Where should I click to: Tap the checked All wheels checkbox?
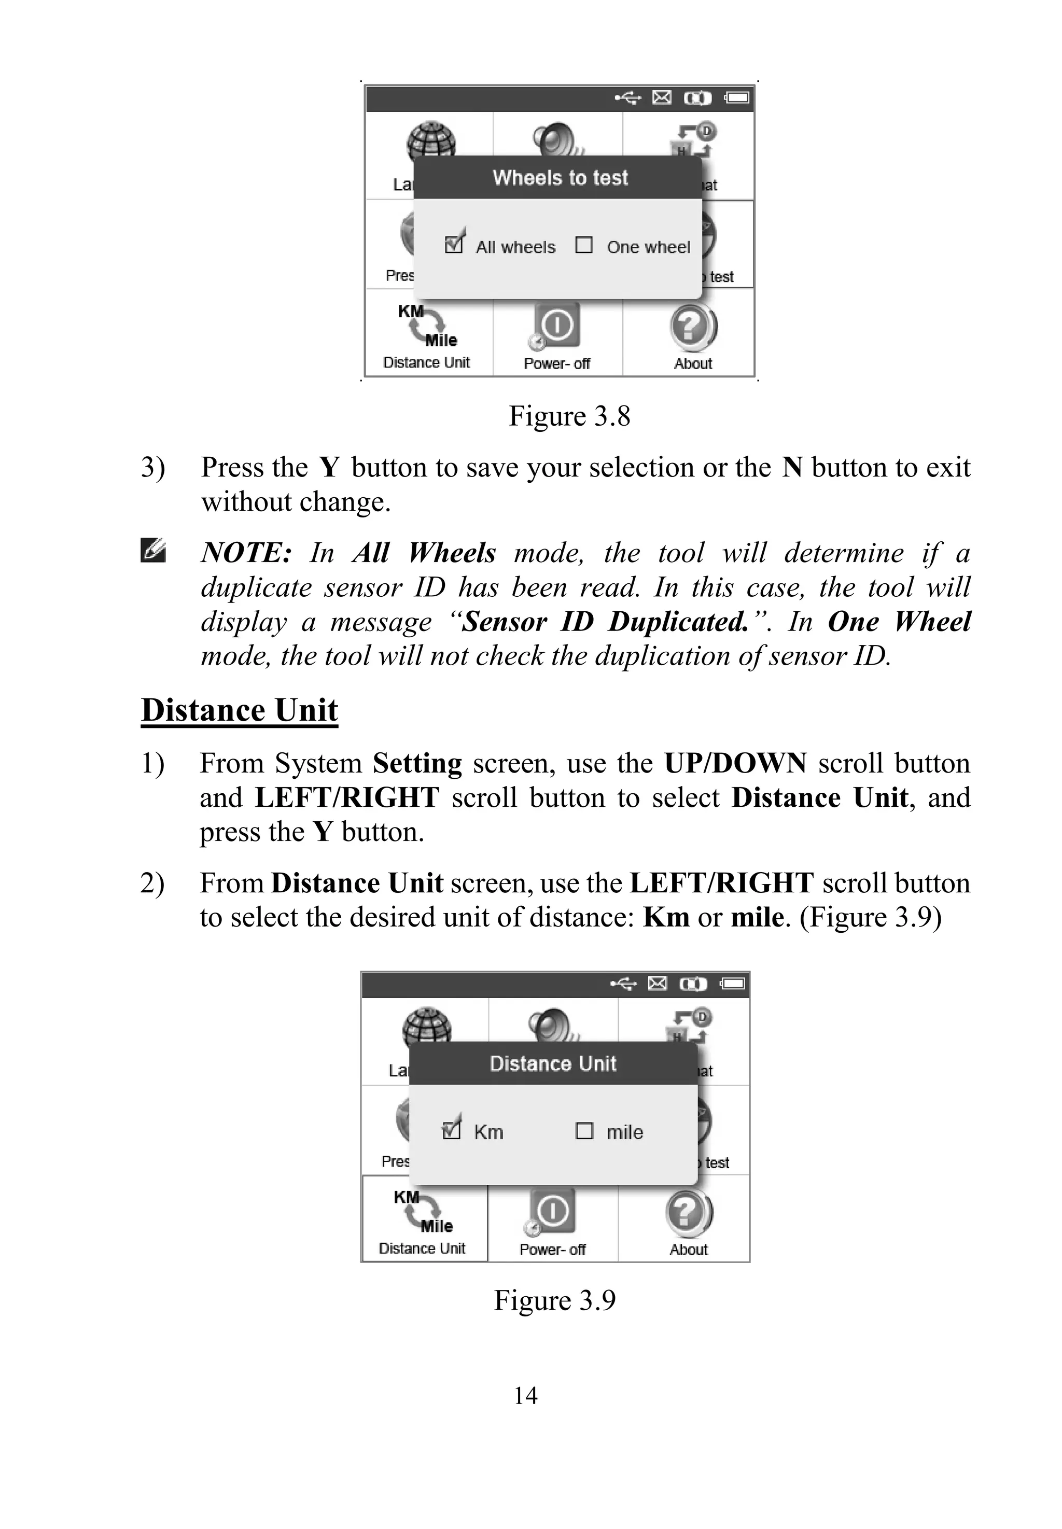tap(454, 244)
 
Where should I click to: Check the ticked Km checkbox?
tap(451, 1130)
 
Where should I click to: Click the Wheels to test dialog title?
tap(560, 178)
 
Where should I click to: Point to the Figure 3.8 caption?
tap(569, 416)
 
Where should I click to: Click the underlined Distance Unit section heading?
tap(240, 710)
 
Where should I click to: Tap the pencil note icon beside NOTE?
tap(153, 551)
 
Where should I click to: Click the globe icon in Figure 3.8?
tap(431, 142)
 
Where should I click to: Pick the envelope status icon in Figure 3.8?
tap(662, 98)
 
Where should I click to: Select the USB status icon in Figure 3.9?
tap(623, 984)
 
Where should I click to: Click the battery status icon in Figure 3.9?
tap(733, 984)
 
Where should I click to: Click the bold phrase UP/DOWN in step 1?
tap(735, 763)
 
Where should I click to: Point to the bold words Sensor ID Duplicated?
tap(606, 622)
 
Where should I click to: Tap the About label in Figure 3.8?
tap(693, 363)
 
